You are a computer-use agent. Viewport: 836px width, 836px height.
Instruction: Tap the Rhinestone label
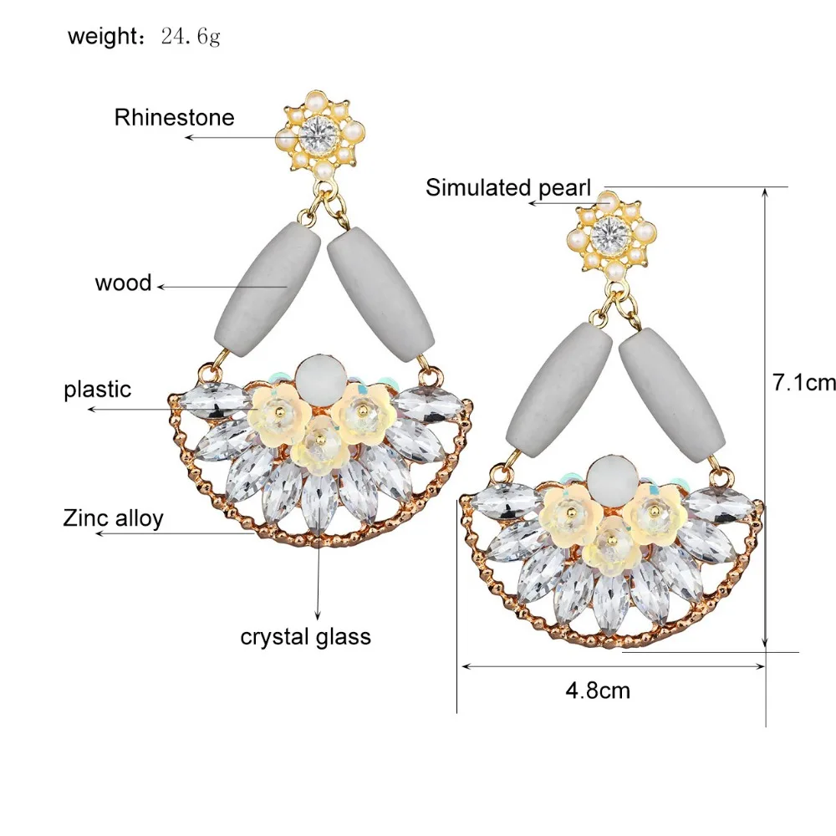[x=174, y=117]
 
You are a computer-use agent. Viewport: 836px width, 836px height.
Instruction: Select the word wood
[x=123, y=283]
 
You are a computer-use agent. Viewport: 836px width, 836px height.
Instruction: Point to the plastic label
[x=97, y=389]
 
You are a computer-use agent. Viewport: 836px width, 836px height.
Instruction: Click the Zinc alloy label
[x=113, y=517]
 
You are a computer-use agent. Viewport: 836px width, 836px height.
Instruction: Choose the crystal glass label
[x=305, y=636]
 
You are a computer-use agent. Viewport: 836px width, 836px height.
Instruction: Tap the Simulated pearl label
[x=508, y=187]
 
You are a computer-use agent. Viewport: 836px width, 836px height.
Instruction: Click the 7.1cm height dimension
[x=803, y=383]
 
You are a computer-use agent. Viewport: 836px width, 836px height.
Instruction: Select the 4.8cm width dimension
[x=598, y=691]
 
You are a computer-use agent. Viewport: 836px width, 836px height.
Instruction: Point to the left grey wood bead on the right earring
[x=558, y=387]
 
